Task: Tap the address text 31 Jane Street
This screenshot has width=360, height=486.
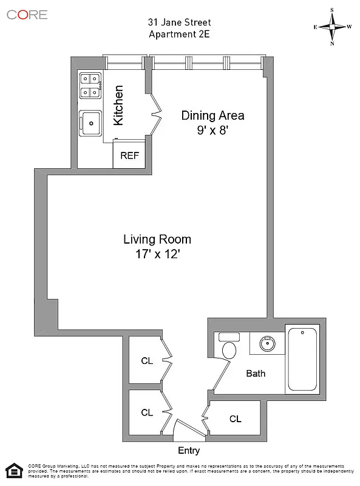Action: [180, 22]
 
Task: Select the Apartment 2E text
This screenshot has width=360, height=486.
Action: [179, 34]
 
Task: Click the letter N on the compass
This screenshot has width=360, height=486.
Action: [333, 43]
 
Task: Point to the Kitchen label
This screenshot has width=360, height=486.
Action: [119, 106]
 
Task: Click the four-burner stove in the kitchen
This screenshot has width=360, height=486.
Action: [90, 85]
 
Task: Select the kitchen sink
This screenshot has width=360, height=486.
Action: [91, 123]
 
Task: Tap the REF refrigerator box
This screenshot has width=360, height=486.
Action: [129, 156]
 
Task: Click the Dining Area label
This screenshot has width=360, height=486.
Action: [212, 115]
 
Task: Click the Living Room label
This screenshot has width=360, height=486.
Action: [157, 239]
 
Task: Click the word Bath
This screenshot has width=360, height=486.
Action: [256, 374]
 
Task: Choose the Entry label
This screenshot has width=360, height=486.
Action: [188, 451]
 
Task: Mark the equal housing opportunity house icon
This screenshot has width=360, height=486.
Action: [13, 470]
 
